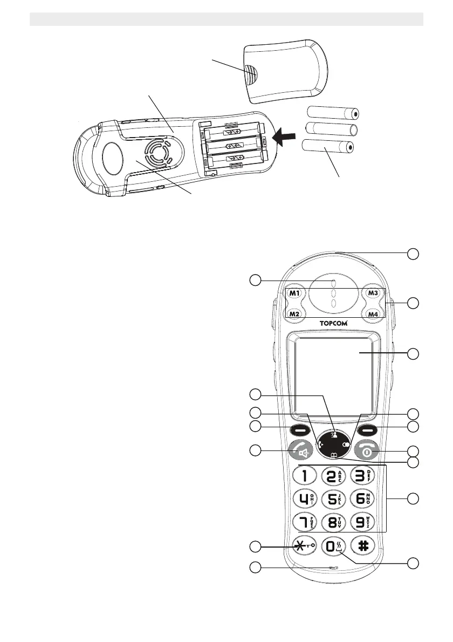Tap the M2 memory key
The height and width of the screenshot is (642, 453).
click(x=294, y=313)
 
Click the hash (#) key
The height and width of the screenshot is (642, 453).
click(x=362, y=545)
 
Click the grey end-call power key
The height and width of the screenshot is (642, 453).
click(x=370, y=452)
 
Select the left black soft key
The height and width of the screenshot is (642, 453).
click(x=298, y=431)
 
